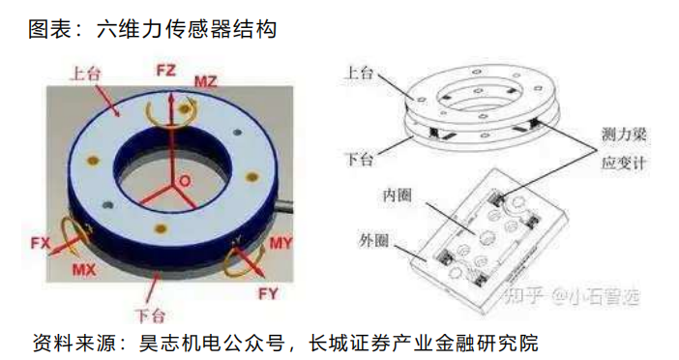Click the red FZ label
click(165, 71)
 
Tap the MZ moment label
click(205, 81)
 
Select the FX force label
click(41, 243)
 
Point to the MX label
click(84, 270)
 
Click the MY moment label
click(281, 243)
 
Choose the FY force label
click(268, 294)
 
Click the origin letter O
click(186, 181)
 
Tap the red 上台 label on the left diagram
click(86, 74)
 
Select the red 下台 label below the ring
click(150, 315)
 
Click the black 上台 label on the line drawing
click(359, 73)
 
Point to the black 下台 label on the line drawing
click(360, 160)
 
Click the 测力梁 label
click(624, 135)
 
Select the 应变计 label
click(624, 163)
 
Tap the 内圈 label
click(397, 195)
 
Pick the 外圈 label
click(373, 240)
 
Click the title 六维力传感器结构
click(187, 29)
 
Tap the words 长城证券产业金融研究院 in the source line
click(423, 344)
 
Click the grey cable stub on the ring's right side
click(285, 204)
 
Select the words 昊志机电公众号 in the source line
click(212, 344)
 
